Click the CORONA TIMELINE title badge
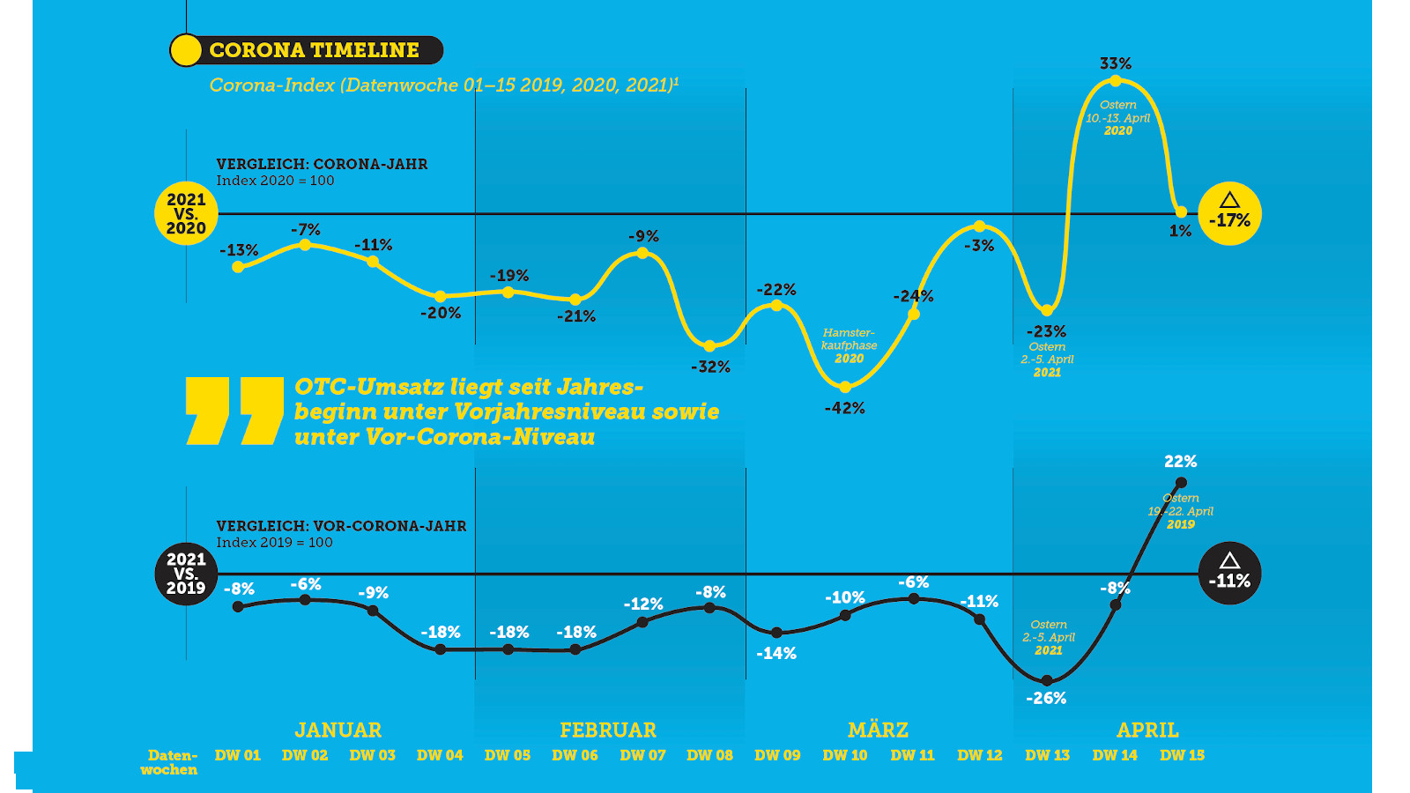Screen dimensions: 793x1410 click(306, 50)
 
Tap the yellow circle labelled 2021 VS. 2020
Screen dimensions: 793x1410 click(186, 214)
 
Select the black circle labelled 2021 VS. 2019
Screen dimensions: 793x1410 click(186, 574)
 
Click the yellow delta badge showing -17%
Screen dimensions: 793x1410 click(1229, 214)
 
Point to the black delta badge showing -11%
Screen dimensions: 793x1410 click(1229, 574)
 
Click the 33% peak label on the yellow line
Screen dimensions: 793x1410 click(1116, 63)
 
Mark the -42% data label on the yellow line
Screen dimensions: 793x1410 click(845, 408)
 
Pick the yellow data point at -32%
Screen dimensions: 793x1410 click(709, 346)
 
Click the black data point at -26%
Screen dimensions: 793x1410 click(1047, 680)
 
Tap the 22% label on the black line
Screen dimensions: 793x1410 click(1181, 462)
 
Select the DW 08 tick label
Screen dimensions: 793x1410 click(710, 755)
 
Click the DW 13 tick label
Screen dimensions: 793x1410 click(1048, 755)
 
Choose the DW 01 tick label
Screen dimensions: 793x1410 click(238, 755)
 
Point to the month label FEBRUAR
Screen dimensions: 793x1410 click(608, 730)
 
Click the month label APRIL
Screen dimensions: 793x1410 click(1147, 730)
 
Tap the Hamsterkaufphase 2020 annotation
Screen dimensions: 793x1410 click(849, 345)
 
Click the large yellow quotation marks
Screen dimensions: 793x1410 click(234, 411)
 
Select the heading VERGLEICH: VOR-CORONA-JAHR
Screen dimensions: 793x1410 click(342, 526)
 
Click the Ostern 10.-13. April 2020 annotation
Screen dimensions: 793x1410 click(1117, 117)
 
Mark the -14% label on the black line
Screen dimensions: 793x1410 click(776, 654)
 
